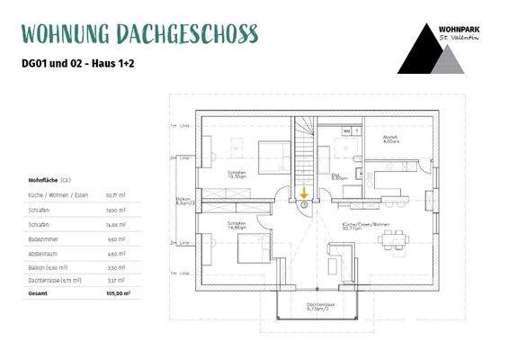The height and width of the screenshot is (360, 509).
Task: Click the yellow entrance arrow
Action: pyautogui.click(x=304, y=192)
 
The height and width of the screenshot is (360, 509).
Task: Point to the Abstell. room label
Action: pyautogui.click(x=390, y=140)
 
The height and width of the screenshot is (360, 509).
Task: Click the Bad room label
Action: pyautogui.click(x=337, y=176)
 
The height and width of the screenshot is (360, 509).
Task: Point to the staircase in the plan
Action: pyautogui.click(x=306, y=153)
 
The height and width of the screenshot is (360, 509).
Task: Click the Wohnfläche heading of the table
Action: pyautogui.click(x=44, y=180)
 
